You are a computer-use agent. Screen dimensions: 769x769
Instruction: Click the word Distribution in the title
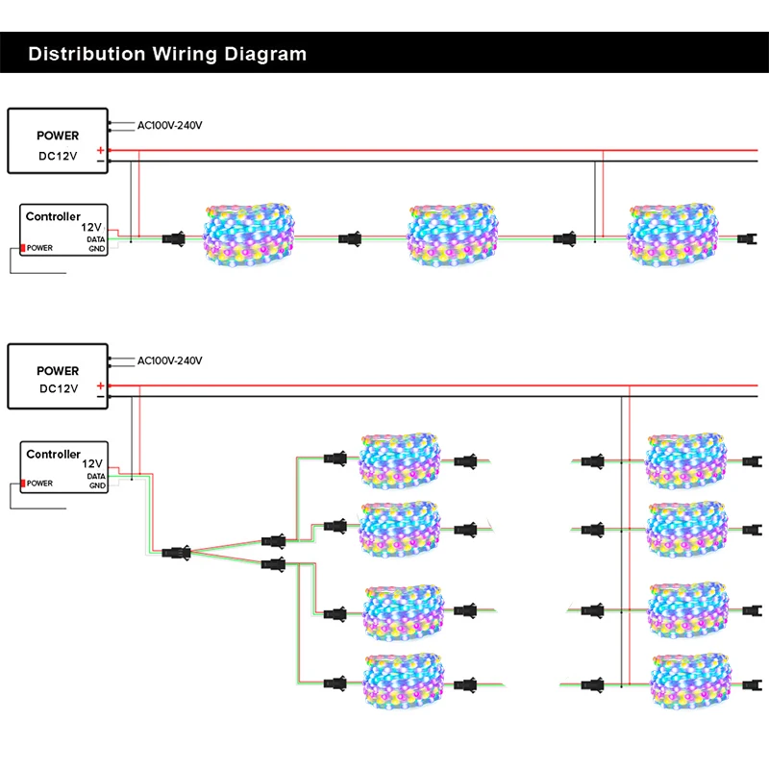click(87, 54)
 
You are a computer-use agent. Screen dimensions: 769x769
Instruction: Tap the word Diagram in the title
click(265, 54)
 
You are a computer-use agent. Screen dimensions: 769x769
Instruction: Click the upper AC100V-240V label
click(170, 126)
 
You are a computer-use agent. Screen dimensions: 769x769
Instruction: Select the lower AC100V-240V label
click(170, 361)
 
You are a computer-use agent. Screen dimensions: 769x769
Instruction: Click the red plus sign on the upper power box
click(101, 150)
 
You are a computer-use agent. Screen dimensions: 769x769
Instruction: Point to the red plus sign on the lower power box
click(101, 385)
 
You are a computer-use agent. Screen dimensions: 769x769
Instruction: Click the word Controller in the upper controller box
click(53, 216)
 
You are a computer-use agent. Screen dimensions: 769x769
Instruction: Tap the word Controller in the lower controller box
click(54, 454)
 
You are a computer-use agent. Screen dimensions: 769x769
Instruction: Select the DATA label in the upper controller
click(95, 239)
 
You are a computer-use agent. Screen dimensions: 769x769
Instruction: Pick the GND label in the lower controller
click(97, 485)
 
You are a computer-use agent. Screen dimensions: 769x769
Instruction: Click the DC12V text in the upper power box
click(58, 156)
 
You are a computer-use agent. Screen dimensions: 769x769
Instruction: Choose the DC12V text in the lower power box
click(59, 389)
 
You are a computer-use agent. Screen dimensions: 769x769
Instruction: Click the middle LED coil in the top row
click(453, 235)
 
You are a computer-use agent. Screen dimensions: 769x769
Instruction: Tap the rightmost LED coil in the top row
click(673, 235)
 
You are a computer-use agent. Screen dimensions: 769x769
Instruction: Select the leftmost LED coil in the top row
click(249, 235)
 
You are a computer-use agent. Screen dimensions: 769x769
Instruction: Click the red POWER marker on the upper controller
click(22, 248)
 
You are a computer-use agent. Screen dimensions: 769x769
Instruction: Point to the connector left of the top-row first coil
click(174, 239)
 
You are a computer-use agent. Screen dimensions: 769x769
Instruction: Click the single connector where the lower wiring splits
click(176, 553)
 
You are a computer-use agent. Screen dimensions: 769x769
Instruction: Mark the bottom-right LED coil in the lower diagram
click(690, 682)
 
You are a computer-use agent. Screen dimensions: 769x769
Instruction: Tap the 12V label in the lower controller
click(92, 464)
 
